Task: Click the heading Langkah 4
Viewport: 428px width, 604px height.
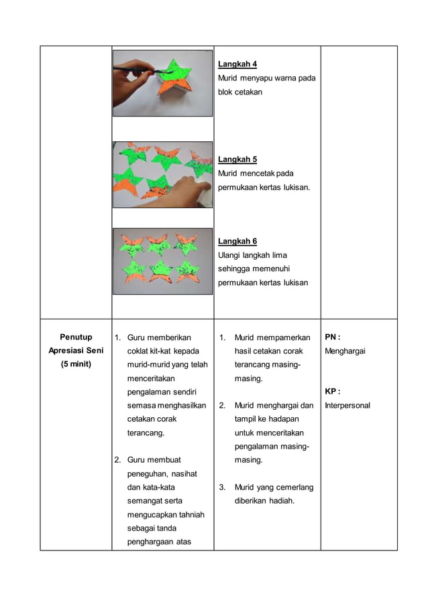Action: (x=238, y=64)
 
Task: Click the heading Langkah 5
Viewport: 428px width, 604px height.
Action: (x=238, y=159)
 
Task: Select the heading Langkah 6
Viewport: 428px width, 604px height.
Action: (x=238, y=241)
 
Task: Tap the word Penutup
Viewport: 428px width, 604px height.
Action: (x=76, y=337)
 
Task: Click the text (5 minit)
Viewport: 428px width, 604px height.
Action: (x=76, y=364)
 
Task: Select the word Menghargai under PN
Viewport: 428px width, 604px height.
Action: (x=346, y=351)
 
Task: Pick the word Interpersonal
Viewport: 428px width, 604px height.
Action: (x=347, y=406)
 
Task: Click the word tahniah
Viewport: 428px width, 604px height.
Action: (x=191, y=515)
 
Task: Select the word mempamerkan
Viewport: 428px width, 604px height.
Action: (x=282, y=337)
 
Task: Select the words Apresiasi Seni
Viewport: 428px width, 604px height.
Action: (x=76, y=351)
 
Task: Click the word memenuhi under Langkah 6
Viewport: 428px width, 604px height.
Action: (x=276, y=269)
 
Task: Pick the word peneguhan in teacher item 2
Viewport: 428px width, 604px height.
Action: (x=148, y=474)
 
